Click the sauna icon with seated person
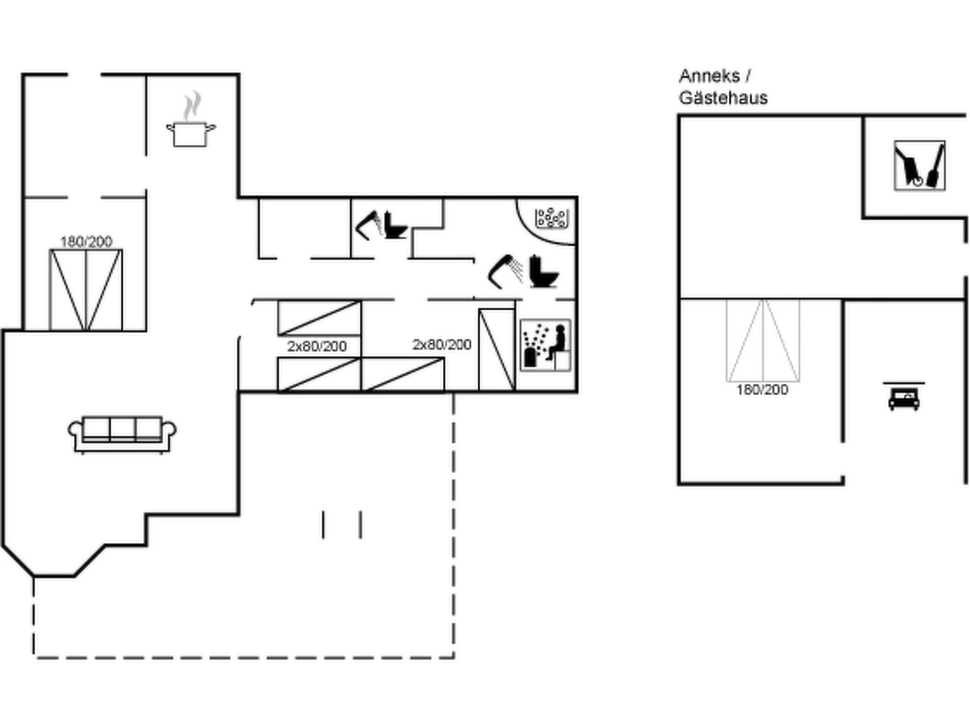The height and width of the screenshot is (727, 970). (546, 345)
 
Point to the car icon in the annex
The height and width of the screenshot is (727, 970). (904, 397)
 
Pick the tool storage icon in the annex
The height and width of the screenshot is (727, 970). (920, 166)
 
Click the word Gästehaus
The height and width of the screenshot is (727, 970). (723, 98)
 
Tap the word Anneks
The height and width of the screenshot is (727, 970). (710, 76)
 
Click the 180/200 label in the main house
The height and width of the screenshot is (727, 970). (86, 241)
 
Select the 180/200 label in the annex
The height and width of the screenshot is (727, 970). (762, 390)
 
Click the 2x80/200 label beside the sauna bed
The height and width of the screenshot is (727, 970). (442, 344)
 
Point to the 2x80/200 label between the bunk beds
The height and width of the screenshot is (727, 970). (317, 346)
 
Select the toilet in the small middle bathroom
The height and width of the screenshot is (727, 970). (395, 225)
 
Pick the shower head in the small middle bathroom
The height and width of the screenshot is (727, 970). (369, 225)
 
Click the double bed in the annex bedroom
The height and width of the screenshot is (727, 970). (763, 340)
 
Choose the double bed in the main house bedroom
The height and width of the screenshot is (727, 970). (86, 290)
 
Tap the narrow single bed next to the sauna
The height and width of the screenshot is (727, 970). (497, 350)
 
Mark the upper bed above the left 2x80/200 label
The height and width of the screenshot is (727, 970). (319, 319)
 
